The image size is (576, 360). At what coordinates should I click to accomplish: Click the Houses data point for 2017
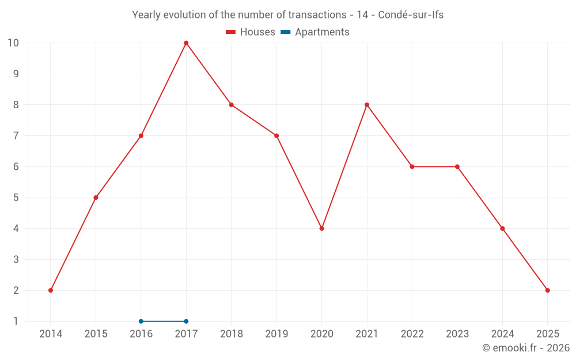tap(186, 43)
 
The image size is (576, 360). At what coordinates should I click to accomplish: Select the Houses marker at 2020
tap(321, 229)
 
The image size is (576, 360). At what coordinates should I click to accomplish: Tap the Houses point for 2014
tap(51, 290)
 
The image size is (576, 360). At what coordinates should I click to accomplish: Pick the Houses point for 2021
tap(367, 105)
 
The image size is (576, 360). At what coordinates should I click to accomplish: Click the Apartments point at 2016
tap(141, 321)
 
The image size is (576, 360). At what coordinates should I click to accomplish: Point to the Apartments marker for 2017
tap(186, 321)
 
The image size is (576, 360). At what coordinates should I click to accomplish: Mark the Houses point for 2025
tap(547, 290)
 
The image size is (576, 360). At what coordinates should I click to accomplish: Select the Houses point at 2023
tap(457, 166)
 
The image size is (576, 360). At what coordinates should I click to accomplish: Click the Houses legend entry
tap(251, 32)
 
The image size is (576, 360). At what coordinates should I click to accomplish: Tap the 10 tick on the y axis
tap(13, 43)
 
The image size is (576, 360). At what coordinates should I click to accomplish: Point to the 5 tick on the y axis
tap(16, 198)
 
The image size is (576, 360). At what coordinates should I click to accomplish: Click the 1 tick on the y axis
tap(16, 321)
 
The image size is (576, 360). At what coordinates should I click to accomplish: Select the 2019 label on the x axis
tap(276, 334)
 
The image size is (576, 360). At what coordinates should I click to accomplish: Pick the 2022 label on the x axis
tap(412, 334)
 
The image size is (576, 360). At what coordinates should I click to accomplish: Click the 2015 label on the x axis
tap(96, 334)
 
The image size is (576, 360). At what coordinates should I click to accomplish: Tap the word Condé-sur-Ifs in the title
tap(411, 15)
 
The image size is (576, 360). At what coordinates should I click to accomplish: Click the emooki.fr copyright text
tap(526, 348)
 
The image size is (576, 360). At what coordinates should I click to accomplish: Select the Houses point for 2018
tap(231, 105)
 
